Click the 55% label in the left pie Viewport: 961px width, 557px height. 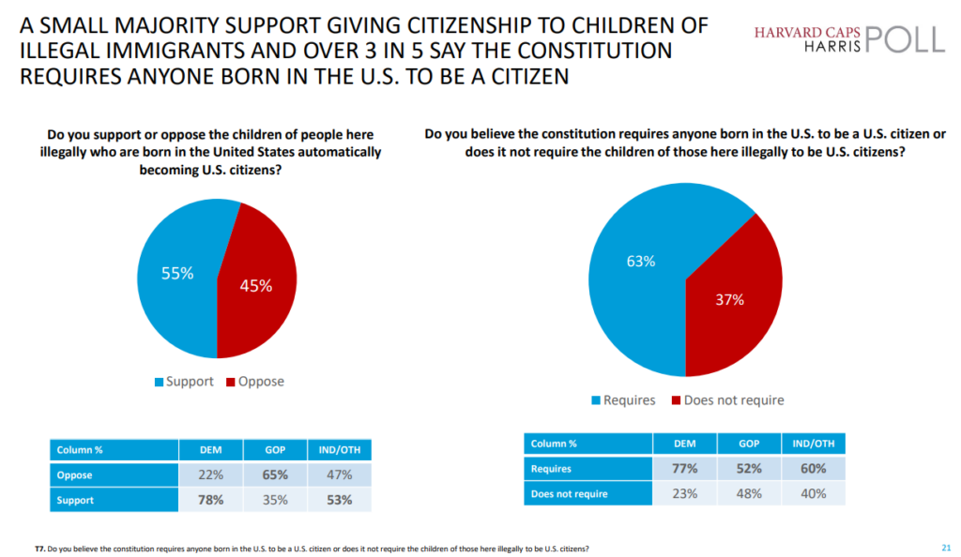click(176, 274)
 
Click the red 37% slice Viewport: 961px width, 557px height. click(730, 300)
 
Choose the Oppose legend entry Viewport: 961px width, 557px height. click(255, 382)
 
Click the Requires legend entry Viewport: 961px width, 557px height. click(622, 400)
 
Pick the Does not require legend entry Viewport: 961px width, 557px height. click(726, 400)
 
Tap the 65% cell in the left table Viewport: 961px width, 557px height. click(275, 474)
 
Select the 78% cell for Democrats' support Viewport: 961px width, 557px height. click(210, 500)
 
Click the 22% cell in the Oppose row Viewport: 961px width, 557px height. click(210, 474)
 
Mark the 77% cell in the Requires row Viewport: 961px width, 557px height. click(686, 469)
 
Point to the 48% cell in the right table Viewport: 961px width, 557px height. click(750, 493)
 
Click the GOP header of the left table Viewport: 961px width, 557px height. click(275, 449)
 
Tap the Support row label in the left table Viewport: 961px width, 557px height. click(75, 500)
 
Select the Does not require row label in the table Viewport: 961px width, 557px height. click(570, 493)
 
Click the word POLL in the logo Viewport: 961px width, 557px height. click(899, 39)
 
